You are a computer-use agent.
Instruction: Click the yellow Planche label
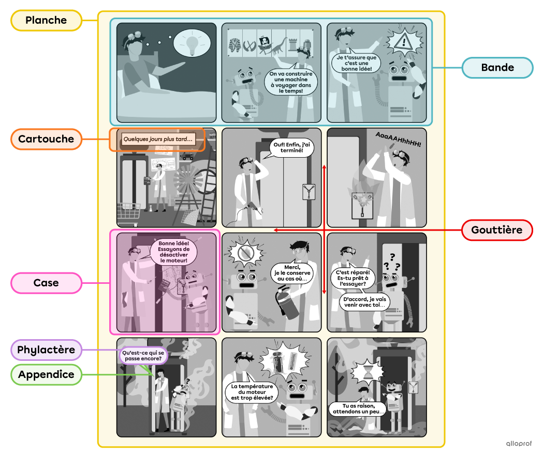(x=47, y=21)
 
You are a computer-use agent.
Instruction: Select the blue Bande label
(x=497, y=68)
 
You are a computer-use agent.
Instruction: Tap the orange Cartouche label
(x=47, y=139)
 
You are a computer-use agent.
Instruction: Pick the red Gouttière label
(x=497, y=230)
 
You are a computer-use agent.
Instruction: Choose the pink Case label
(x=47, y=283)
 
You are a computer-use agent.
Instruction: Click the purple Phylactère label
(x=47, y=350)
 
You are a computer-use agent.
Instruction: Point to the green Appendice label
(x=47, y=374)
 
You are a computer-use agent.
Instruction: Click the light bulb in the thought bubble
(x=193, y=43)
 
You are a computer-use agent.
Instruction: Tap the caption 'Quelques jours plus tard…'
(x=158, y=139)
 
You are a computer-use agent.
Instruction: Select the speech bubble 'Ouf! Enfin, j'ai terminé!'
(x=292, y=148)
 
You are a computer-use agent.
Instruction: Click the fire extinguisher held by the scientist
(x=288, y=306)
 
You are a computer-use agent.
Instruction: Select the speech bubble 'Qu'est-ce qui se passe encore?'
(x=143, y=356)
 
